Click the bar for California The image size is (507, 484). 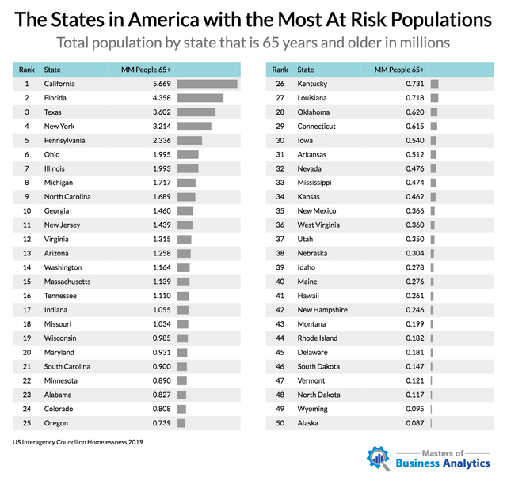(x=208, y=84)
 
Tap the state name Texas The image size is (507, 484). (x=53, y=112)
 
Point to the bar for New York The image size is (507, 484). (x=194, y=127)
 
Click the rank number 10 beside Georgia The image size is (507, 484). (x=27, y=211)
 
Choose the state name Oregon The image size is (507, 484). (x=55, y=423)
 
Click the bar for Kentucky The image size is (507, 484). (x=434, y=84)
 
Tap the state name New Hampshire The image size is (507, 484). (x=322, y=310)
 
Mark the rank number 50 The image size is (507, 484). (x=280, y=423)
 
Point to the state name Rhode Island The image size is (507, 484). (x=318, y=338)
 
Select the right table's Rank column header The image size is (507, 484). (x=280, y=70)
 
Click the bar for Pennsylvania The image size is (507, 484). (x=190, y=141)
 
